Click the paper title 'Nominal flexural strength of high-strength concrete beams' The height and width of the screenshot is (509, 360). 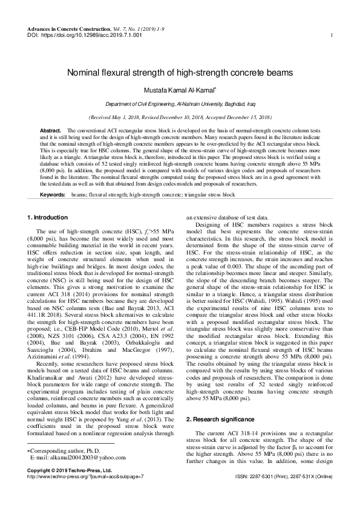point(180,73)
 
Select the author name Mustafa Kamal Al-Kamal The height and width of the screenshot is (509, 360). point(180,90)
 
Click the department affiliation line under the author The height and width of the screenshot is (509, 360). point(180,104)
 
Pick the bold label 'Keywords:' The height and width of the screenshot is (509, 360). point(53,196)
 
